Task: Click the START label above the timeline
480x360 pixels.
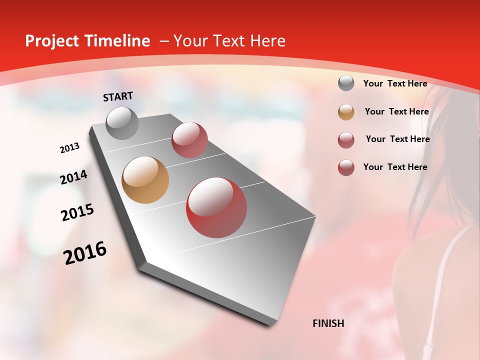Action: [x=118, y=96]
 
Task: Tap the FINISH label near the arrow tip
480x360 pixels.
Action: [x=328, y=323]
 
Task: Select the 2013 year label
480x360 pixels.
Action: [x=69, y=148]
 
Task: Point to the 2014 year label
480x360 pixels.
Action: [x=73, y=177]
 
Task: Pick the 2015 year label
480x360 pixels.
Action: [x=77, y=212]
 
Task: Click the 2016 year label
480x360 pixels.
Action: [x=85, y=252]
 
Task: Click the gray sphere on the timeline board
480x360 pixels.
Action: [x=122, y=123]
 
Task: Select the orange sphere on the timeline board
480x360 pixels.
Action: [x=145, y=180]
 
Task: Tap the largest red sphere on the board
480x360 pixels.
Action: [x=216, y=207]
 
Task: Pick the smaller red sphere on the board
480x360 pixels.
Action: [x=189, y=140]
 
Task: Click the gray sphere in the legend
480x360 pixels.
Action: [x=346, y=83]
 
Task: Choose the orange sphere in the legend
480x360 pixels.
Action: [x=346, y=112]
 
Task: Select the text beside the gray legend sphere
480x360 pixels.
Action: [x=395, y=83]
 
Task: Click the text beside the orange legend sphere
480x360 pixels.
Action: [x=396, y=111]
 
